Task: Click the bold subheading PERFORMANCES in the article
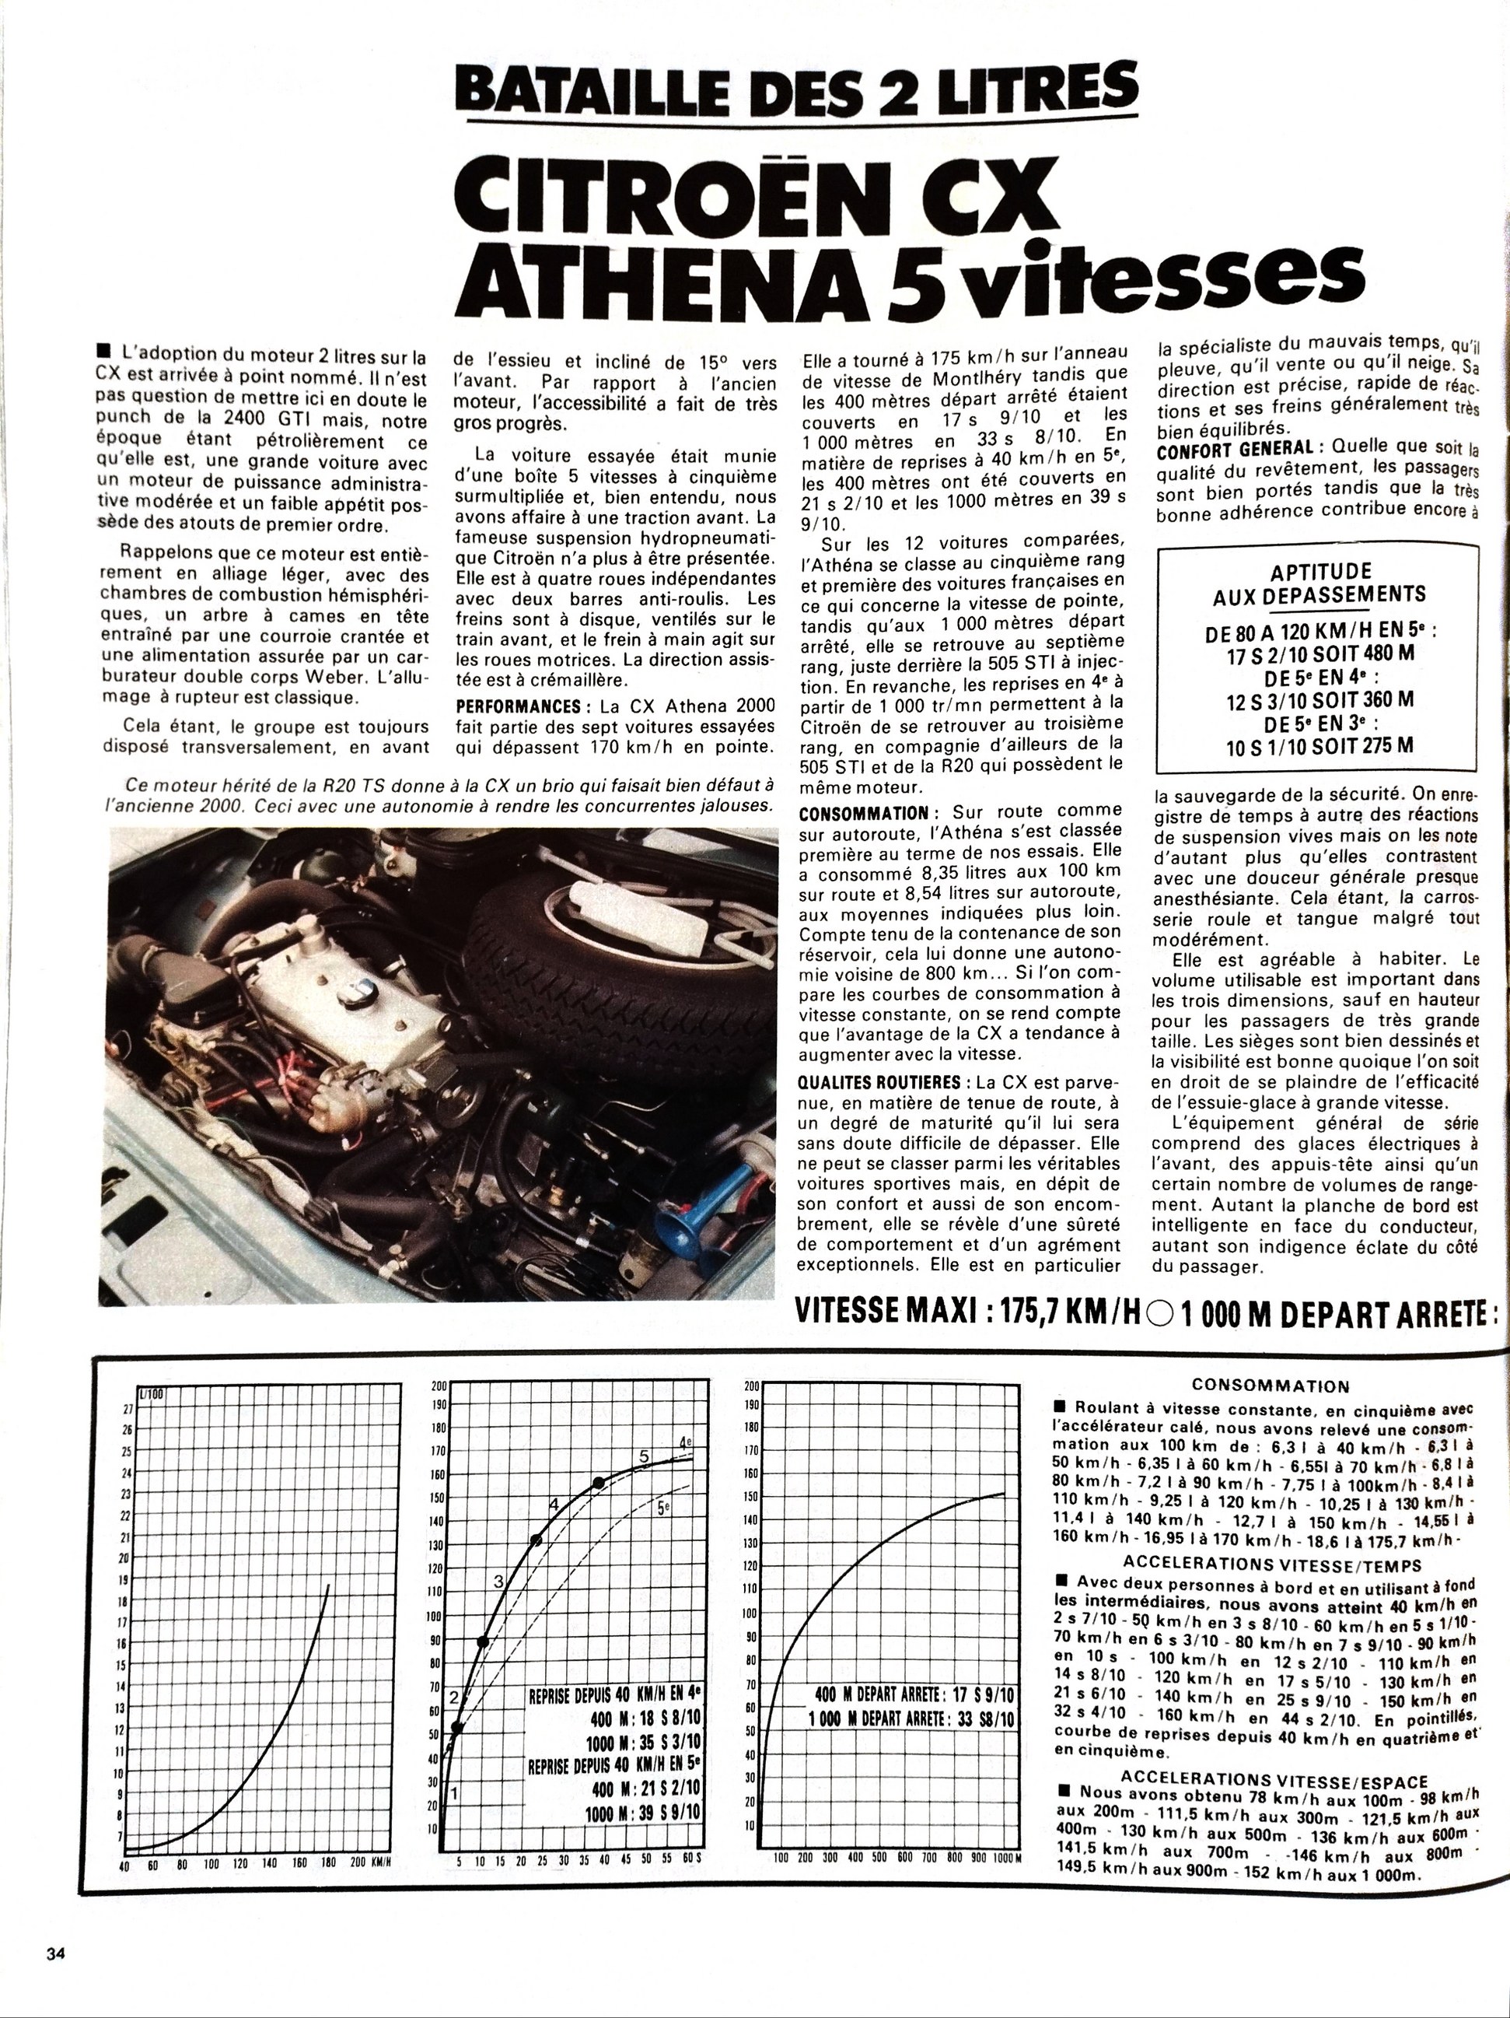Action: [516, 706]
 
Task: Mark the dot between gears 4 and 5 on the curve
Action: [599, 1484]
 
